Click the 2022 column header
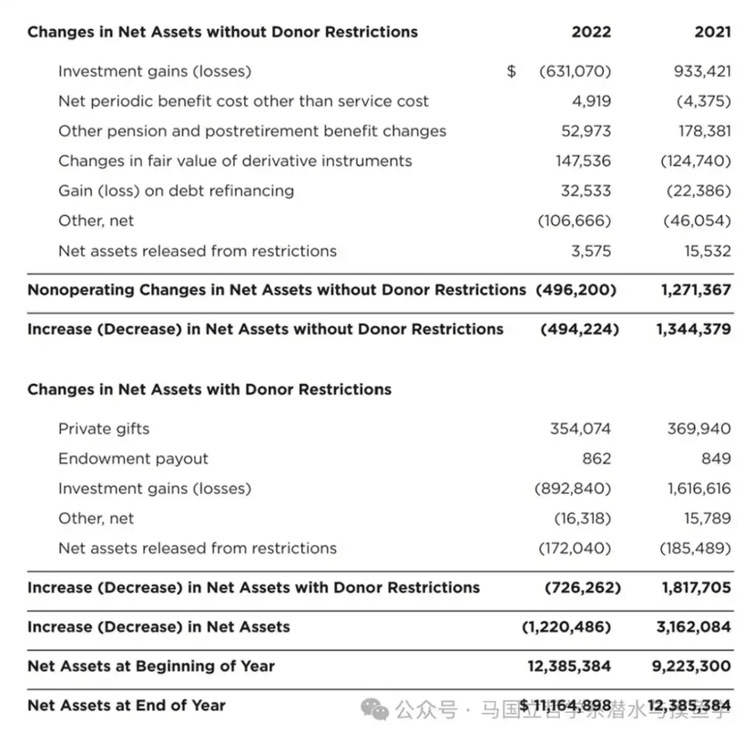click(x=591, y=32)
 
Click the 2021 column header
click(x=712, y=32)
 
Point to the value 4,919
click(x=592, y=101)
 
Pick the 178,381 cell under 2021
click(x=704, y=131)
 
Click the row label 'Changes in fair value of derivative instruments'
click(x=235, y=161)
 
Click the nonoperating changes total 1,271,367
click(x=696, y=290)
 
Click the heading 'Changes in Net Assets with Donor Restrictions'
click(x=209, y=389)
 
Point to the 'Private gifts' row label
click(x=104, y=428)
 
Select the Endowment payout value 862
click(x=596, y=459)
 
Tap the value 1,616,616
click(x=698, y=489)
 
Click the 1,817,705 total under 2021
click(x=696, y=588)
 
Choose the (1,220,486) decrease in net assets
click(x=566, y=627)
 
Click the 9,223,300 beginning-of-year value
click(x=691, y=666)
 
